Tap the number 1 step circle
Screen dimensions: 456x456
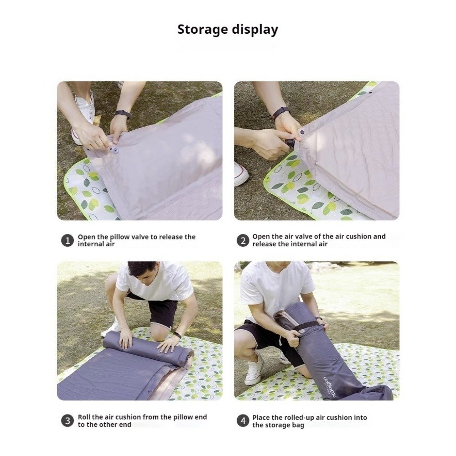pyautogui.click(x=67, y=241)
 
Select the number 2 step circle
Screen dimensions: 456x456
pyautogui.click(x=243, y=241)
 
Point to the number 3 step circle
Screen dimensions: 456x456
pyautogui.click(x=67, y=421)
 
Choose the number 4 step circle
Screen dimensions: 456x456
pyautogui.click(x=243, y=421)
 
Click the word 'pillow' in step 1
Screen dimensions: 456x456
pyautogui.click(x=119, y=237)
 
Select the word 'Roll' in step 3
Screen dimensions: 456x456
pyautogui.click(x=84, y=417)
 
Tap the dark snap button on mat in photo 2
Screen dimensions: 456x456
pyautogui.click(x=302, y=132)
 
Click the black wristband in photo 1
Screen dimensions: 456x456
pyautogui.click(x=122, y=114)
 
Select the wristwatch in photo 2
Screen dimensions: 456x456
pyautogui.click(x=281, y=112)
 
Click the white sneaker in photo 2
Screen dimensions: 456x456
pyautogui.click(x=241, y=174)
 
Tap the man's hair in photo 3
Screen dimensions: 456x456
pyautogui.click(x=142, y=268)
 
